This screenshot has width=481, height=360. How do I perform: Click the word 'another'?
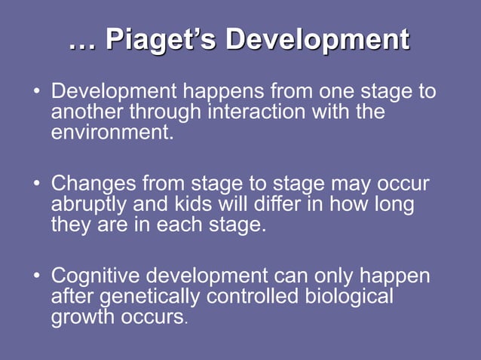(87, 112)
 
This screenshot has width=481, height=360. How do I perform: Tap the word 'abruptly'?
(93, 205)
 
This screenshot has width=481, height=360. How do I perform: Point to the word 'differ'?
(278, 204)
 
